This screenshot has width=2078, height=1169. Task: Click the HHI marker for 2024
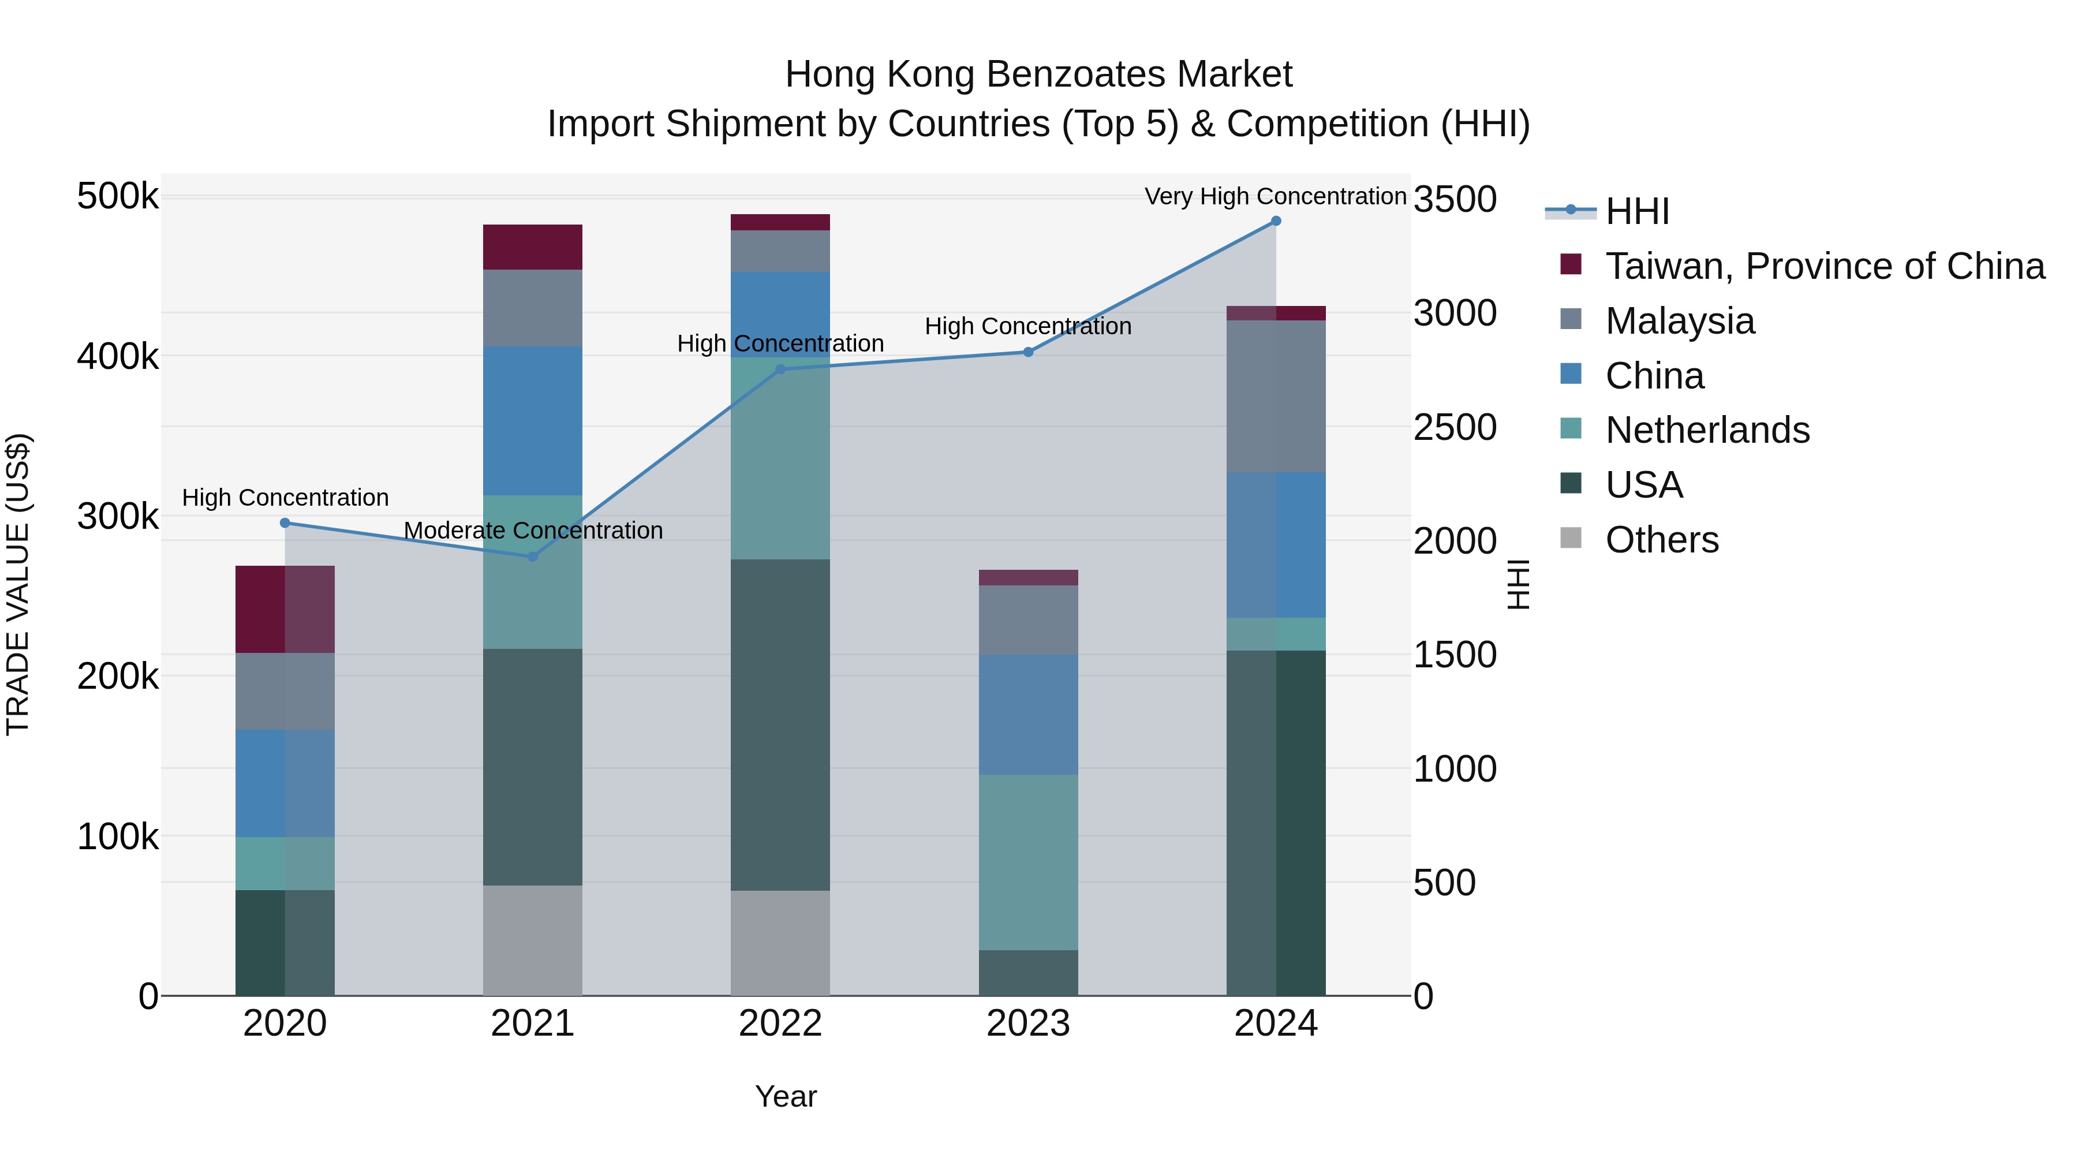coord(1275,221)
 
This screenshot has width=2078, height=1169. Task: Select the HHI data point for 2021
coord(532,557)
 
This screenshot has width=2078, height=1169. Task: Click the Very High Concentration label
coord(1275,197)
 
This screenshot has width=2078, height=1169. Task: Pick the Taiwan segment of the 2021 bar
coord(532,247)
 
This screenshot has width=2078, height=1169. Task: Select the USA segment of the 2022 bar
coord(780,724)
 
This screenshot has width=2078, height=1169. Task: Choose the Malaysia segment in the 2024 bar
coord(1275,396)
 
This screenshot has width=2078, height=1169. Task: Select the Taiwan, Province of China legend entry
coord(1824,266)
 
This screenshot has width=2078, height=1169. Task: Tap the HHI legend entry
coord(1637,211)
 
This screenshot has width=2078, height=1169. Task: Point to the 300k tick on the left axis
coord(118,516)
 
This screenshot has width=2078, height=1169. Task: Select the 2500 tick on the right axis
coord(1455,428)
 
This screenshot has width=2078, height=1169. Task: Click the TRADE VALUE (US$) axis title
coord(18,584)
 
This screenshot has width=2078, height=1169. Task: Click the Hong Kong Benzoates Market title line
coord(1038,74)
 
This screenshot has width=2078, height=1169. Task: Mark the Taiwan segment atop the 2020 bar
coord(285,609)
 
